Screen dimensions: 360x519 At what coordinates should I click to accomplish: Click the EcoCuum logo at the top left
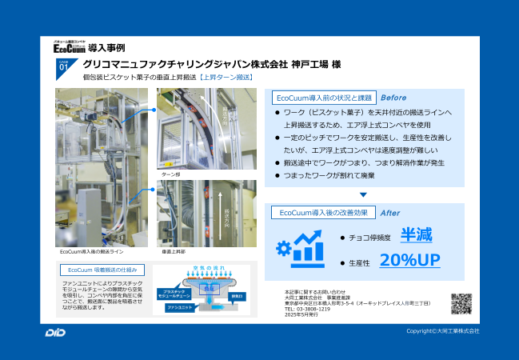[x=71, y=46]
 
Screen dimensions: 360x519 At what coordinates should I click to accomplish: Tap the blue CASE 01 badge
[x=65, y=67]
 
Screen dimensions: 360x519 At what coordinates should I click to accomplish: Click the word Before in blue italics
[x=393, y=98]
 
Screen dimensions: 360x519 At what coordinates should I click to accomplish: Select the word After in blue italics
[x=390, y=213]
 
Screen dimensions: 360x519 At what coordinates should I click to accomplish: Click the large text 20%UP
[x=410, y=260]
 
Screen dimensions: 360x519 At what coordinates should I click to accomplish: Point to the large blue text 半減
[x=417, y=235]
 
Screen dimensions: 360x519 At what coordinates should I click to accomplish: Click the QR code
[x=461, y=304]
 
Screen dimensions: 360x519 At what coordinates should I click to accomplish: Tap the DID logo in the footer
[x=56, y=332]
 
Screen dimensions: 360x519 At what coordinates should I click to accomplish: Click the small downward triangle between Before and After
[x=363, y=194]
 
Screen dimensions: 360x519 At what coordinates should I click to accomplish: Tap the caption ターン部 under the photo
[x=171, y=174]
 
